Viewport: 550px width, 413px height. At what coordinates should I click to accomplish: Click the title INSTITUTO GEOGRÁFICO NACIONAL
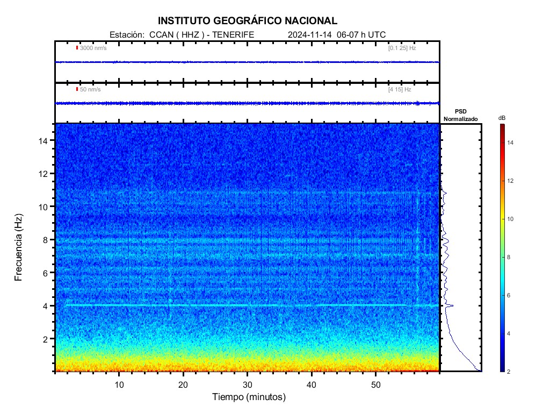coord(248,21)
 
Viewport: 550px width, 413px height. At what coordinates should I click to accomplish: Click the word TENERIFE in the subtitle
coord(234,34)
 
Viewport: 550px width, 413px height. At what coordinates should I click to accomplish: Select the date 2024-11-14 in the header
coord(310,34)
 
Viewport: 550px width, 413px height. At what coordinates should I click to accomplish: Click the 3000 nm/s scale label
coord(93,48)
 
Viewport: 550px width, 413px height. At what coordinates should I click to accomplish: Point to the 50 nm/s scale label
coord(90,89)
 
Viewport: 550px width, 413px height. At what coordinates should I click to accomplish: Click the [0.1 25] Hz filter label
coord(402,48)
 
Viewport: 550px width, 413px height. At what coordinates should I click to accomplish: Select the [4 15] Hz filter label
coord(400,89)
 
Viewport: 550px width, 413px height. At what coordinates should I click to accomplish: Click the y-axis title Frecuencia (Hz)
coord(19,247)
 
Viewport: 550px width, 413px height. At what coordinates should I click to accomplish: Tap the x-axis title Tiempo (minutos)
coord(249,397)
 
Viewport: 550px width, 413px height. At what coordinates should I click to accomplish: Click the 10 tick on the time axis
coord(119,384)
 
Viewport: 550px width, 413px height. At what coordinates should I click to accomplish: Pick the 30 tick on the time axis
coord(248,384)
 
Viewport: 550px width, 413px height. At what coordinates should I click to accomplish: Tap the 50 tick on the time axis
coord(376,384)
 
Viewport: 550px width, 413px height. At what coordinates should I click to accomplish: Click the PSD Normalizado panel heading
coord(460,115)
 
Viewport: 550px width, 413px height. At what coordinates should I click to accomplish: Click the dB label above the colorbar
coord(502,118)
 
